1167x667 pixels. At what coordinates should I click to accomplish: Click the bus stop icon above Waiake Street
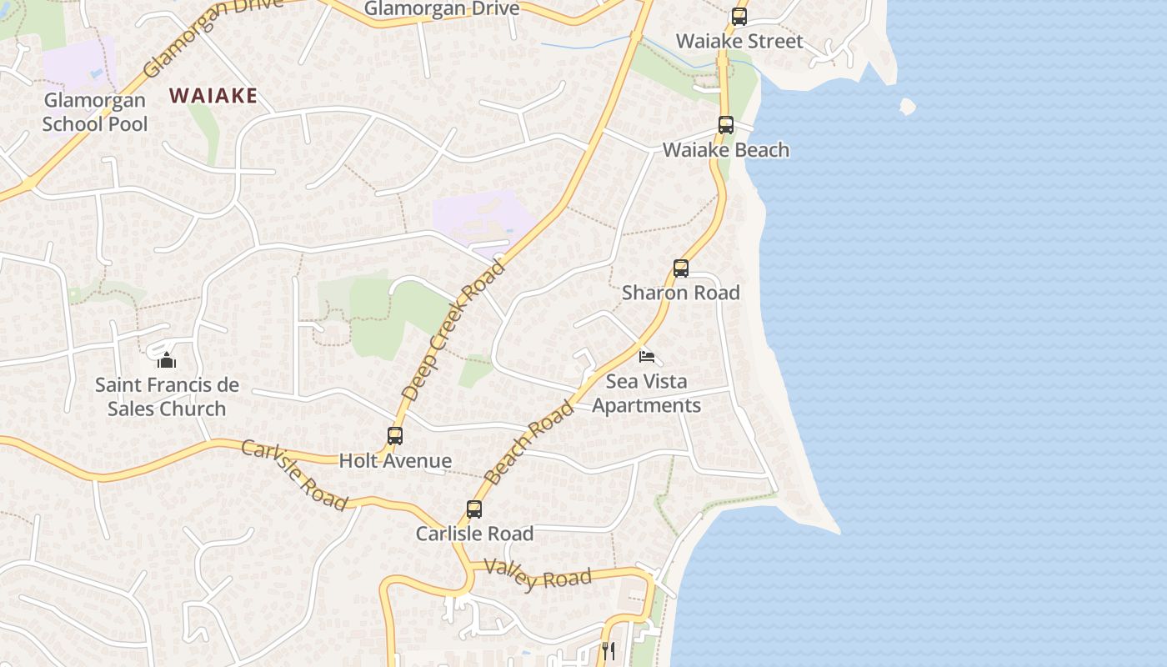pyautogui.click(x=739, y=17)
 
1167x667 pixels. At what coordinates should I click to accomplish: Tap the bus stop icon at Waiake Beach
pyautogui.click(x=725, y=125)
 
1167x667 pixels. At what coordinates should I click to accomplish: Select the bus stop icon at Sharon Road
pyautogui.click(x=681, y=268)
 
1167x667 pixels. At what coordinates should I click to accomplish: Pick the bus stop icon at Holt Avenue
pyautogui.click(x=395, y=436)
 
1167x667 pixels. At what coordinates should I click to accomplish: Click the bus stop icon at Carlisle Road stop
pyautogui.click(x=474, y=509)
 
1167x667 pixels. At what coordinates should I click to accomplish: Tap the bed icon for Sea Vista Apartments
pyautogui.click(x=646, y=357)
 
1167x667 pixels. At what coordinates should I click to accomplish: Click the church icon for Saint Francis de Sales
pyautogui.click(x=167, y=360)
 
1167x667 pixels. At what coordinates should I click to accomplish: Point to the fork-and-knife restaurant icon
pyautogui.click(x=609, y=650)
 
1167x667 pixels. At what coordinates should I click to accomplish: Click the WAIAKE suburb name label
pyautogui.click(x=213, y=96)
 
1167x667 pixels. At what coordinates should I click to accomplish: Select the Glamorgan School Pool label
pyautogui.click(x=95, y=113)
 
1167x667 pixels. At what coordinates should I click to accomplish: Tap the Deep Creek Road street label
pyautogui.click(x=453, y=330)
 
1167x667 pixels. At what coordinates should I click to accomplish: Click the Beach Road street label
pyautogui.click(x=529, y=443)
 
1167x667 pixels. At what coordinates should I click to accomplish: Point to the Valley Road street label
pyautogui.click(x=538, y=575)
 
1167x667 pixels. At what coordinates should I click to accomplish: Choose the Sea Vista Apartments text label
pyautogui.click(x=646, y=394)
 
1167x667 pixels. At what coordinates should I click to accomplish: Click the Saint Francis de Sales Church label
pyautogui.click(x=167, y=397)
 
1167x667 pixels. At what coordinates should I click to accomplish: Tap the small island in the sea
pyautogui.click(x=908, y=107)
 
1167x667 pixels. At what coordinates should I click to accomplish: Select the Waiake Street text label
pyautogui.click(x=739, y=41)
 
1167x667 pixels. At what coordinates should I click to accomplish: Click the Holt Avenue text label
pyautogui.click(x=395, y=460)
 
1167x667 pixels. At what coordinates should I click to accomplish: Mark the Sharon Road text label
pyautogui.click(x=681, y=293)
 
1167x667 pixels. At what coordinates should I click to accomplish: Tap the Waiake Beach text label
pyautogui.click(x=725, y=150)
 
